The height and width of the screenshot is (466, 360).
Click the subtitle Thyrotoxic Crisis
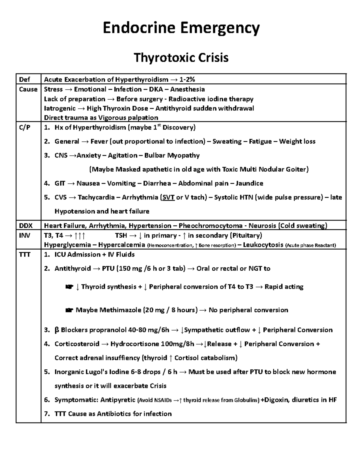(x=181, y=57)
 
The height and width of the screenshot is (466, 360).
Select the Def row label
(x=25, y=80)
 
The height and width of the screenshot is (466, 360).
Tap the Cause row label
(x=28, y=89)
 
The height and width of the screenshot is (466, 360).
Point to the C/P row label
(x=25, y=128)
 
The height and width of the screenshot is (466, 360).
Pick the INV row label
(x=25, y=236)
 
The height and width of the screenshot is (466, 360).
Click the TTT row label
(x=25, y=254)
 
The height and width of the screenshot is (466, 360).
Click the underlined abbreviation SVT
(x=168, y=197)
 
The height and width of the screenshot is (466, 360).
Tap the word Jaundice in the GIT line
(x=249, y=183)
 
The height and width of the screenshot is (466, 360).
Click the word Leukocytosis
(x=263, y=245)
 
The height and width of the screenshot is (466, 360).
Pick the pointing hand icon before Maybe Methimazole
(x=69, y=310)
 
